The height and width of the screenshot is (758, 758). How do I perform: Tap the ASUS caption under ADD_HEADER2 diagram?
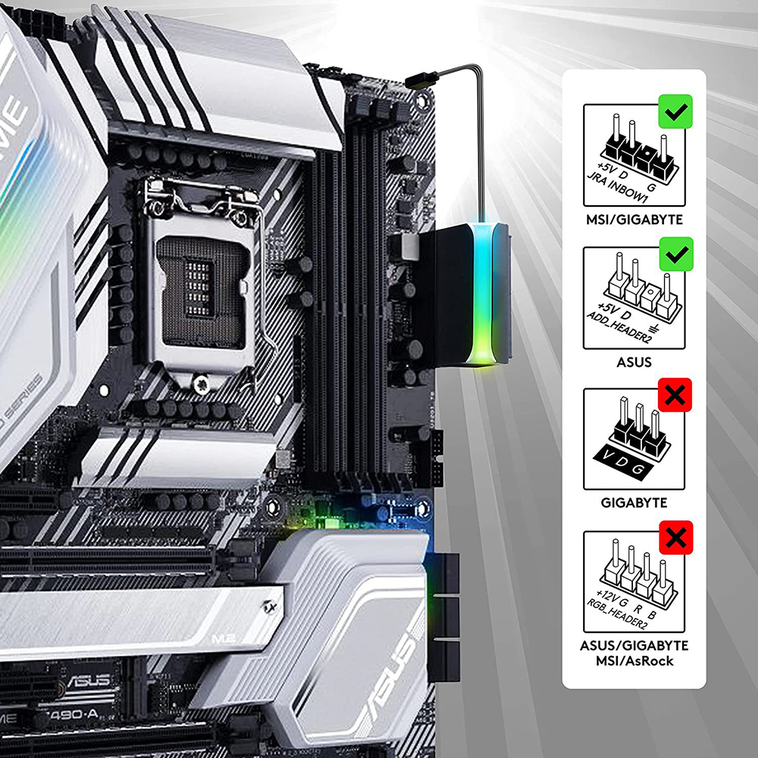633,362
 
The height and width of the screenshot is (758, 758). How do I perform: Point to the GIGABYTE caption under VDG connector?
633,502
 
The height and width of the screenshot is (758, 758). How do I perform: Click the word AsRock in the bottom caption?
653,661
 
